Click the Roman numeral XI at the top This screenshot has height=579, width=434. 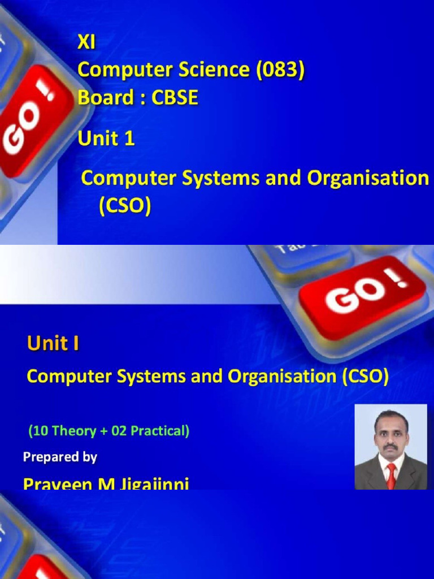point(86,42)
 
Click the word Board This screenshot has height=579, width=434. point(101,98)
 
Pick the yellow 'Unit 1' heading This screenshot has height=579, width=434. point(106,139)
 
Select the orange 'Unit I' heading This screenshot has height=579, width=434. point(53,344)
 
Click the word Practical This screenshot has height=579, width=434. point(159,431)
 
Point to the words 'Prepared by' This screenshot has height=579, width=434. point(60,457)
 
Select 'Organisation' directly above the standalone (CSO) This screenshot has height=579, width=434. point(368,178)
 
